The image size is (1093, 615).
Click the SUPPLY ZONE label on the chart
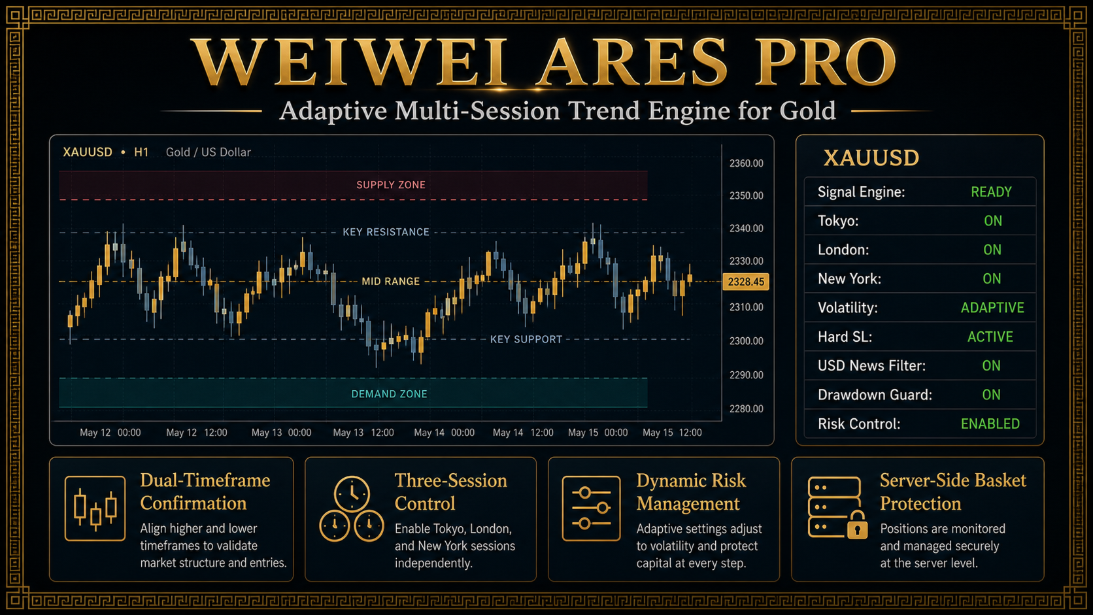coord(391,185)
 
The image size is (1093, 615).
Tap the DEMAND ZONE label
coord(390,394)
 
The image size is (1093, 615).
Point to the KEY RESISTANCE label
coord(386,232)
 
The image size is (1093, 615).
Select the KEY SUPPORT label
coord(526,339)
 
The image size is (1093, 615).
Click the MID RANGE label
coord(390,282)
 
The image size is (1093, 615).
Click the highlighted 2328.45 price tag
coord(746,282)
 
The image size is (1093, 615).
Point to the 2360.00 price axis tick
coord(746,163)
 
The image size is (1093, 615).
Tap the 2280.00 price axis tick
coord(746,408)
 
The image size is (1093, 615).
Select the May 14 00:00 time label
coord(444,433)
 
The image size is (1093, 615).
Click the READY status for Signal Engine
coord(991,192)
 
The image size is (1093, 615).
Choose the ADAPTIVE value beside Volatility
coord(992,308)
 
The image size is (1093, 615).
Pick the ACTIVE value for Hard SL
coord(990,337)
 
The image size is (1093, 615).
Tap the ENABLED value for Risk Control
coord(990,424)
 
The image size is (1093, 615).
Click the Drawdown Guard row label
coord(875,395)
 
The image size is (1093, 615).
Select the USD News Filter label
coord(871,366)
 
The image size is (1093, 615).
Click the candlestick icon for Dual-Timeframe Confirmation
coord(95,508)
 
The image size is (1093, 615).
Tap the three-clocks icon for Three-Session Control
coord(351,509)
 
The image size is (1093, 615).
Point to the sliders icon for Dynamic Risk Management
coord(591,508)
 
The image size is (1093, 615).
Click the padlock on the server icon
coord(857,525)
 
